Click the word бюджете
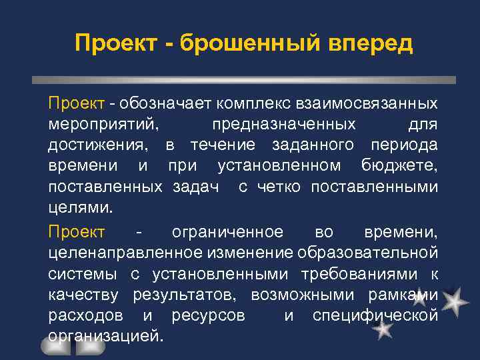[x=399, y=166]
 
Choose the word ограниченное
[x=227, y=231]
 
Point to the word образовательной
[x=367, y=253]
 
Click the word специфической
[x=375, y=315]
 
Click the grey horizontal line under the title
[x=244, y=79]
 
